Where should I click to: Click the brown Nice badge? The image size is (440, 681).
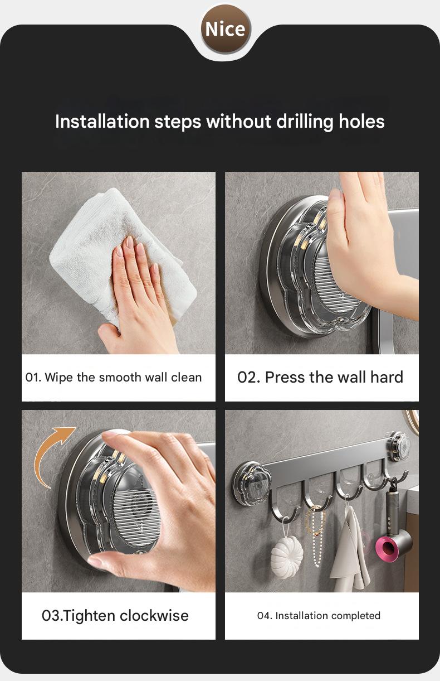[x=225, y=28]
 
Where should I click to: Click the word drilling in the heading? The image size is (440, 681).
[x=299, y=121]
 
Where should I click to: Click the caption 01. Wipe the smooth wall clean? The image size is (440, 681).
[x=114, y=378]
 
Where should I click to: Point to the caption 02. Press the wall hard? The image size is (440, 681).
[x=320, y=378]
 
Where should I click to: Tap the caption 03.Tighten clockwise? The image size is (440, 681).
[x=115, y=616]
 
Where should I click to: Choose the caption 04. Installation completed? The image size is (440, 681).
[x=319, y=616]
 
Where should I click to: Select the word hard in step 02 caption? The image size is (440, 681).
[x=387, y=378]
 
